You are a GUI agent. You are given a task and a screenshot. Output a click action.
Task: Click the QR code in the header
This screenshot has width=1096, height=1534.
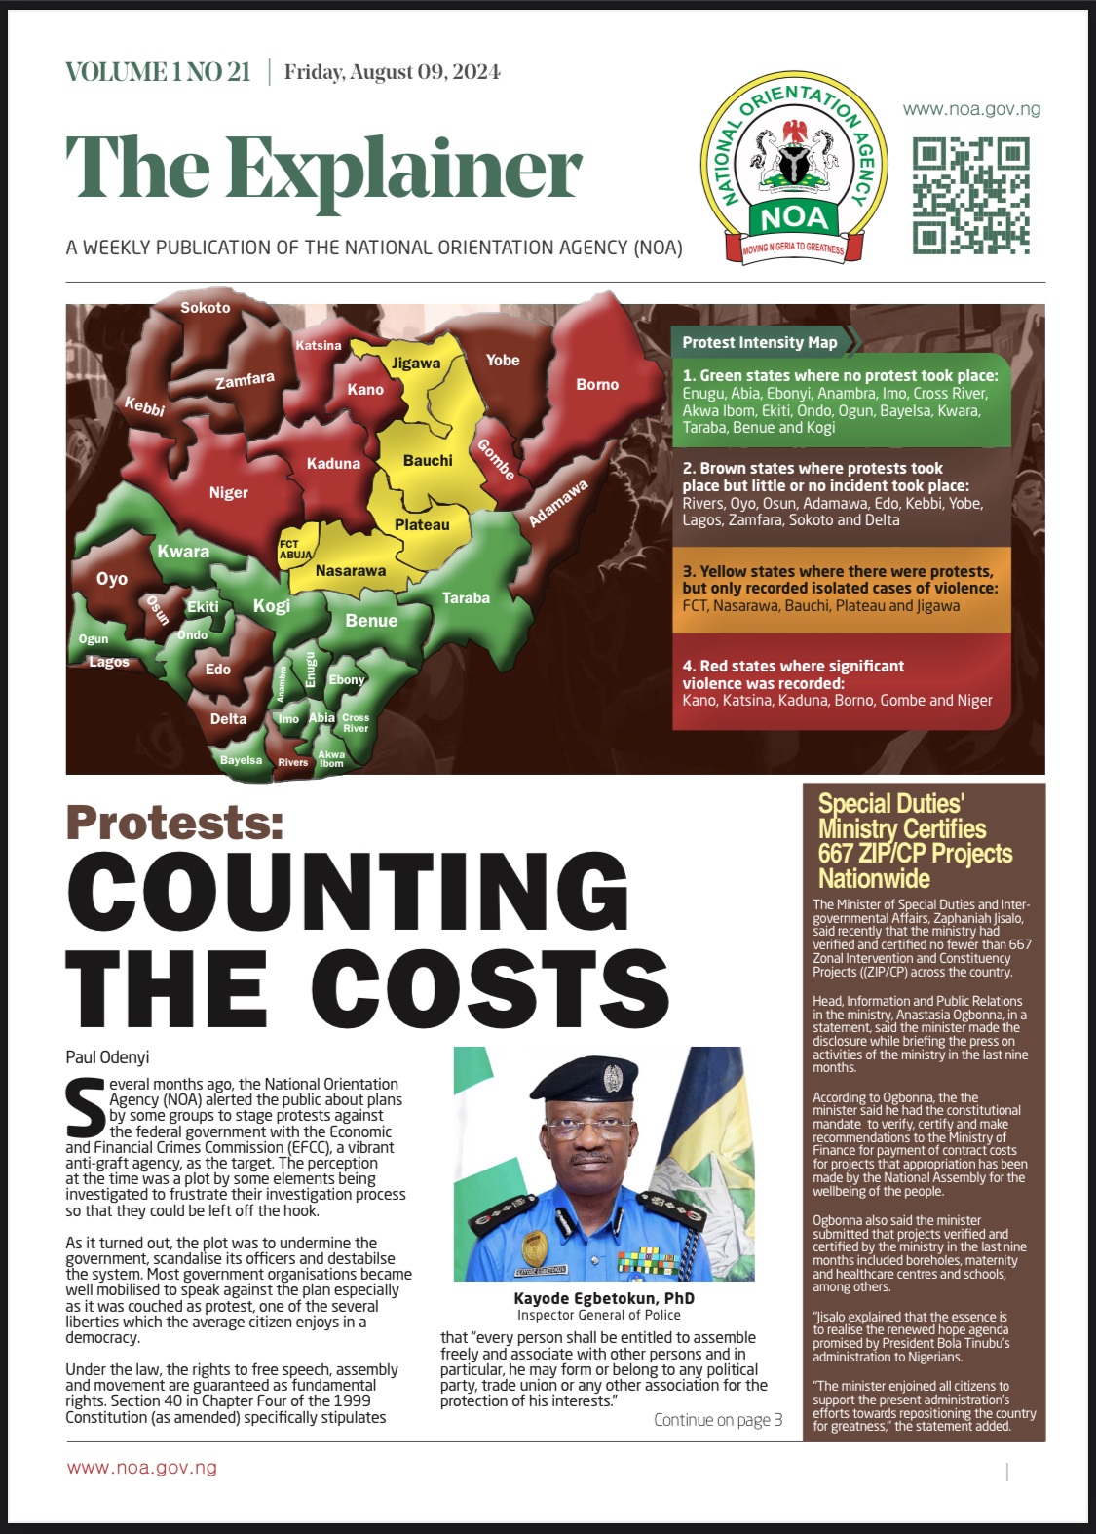970,196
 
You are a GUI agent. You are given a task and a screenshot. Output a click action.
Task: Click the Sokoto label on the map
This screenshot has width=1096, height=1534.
206,308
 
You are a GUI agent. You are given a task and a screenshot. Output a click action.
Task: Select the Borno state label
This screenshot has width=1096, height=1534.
597,385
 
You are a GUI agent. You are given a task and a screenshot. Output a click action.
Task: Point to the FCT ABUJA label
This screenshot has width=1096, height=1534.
295,550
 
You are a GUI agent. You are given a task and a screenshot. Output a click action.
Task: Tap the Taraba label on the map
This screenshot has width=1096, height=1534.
466,598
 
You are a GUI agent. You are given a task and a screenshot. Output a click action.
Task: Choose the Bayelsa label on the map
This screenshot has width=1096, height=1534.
241,760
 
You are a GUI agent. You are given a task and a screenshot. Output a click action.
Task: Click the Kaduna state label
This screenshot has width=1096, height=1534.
333,464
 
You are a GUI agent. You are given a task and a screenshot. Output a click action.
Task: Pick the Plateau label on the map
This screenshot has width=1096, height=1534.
422,525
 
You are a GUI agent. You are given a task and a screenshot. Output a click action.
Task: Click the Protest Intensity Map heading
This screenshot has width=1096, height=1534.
760,342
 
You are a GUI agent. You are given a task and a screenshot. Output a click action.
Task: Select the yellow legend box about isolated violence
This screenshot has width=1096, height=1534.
840,589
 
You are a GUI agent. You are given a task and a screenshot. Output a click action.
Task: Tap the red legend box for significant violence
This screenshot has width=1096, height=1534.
840,683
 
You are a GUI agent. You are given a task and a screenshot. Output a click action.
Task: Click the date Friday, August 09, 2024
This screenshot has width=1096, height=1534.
393,72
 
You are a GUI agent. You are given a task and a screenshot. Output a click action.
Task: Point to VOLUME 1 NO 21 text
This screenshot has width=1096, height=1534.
158,72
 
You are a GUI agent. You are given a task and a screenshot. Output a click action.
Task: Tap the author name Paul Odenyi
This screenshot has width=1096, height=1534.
107,1057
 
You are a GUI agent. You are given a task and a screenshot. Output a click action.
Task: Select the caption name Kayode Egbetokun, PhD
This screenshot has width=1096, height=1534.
604,1298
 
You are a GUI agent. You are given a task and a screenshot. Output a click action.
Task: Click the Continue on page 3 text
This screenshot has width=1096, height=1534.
718,1420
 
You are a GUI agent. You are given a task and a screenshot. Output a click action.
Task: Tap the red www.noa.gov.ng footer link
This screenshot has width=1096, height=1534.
142,1468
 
